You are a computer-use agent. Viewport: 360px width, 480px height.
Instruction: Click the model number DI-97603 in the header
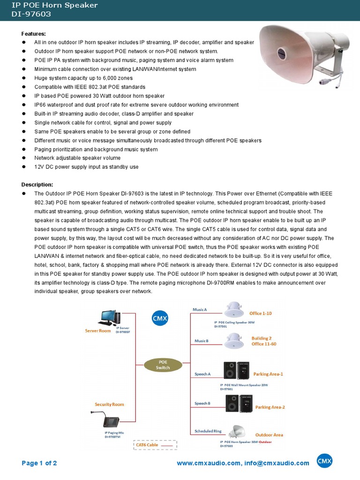(31, 14)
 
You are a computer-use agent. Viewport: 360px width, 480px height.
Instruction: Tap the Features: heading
(34, 34)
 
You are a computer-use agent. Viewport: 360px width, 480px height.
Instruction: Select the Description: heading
(37, 185)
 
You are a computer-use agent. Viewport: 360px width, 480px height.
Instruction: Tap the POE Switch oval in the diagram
(163, 365)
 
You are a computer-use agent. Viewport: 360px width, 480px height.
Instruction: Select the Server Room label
(97, 330)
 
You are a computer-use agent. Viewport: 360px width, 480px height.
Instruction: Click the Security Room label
(109, 404)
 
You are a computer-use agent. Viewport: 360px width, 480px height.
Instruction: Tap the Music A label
(200, 310)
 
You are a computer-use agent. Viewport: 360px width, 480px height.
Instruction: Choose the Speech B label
(202, 403)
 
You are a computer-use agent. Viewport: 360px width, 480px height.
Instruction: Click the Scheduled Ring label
(208, 431)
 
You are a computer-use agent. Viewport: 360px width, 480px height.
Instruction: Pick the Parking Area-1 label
(268, 374)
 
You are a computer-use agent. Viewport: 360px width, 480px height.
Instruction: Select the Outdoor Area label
(269, 435)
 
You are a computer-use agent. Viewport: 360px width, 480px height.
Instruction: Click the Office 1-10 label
(261, 313)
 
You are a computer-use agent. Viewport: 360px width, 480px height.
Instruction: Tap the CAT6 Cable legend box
(155, 444)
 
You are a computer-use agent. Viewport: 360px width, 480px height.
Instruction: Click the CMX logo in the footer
(324, 462)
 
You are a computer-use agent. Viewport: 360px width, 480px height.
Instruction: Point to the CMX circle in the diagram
(159, 319)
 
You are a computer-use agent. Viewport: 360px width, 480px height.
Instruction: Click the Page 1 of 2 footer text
(39, 463)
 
